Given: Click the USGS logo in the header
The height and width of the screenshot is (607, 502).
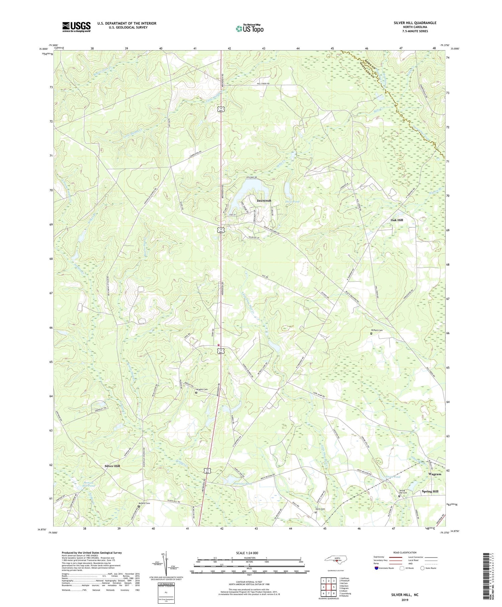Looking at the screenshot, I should coord(76,27).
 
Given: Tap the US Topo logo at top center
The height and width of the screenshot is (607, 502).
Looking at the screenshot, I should coord(249,29).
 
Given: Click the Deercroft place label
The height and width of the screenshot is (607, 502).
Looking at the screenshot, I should coord(264,201).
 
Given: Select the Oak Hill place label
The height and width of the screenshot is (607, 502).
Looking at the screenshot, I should coord(397,220).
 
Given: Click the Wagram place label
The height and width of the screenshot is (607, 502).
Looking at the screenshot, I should coord(435,474).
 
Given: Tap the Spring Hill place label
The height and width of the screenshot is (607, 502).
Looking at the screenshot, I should coord(430,491).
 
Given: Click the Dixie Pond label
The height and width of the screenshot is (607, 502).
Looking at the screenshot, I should coord(292,202).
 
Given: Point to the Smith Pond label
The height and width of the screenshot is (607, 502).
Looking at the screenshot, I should coord(393,477).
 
